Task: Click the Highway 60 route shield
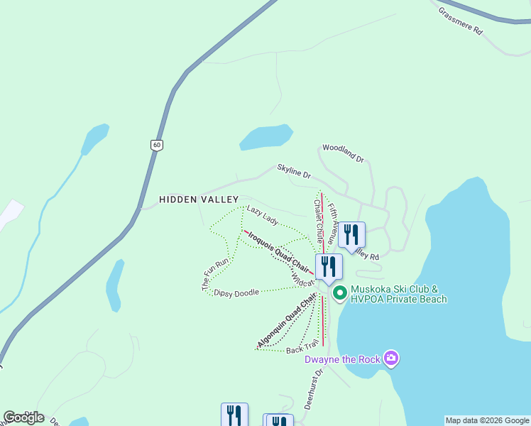point(156,145)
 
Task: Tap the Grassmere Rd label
point(460,22)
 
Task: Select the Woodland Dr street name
point(342,153)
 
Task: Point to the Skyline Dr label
point(294,173)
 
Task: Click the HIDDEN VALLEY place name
point(199,200)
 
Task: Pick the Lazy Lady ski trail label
point(262,215)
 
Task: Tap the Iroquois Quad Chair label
point(278,252)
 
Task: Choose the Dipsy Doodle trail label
point(236,293)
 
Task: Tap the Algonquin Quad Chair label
point(286,322)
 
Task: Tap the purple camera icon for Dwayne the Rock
point(390,359)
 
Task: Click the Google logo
point(23,417)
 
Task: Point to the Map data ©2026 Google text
point(487,420)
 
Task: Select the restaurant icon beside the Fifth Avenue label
point(351,234)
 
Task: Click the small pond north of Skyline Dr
point(266,136)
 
